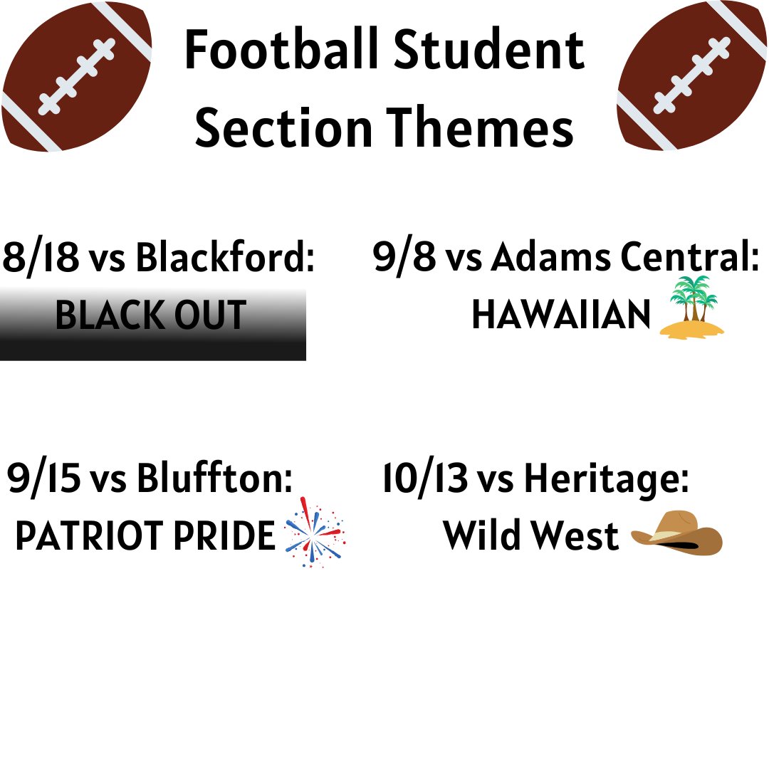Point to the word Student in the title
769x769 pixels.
pos(491,51)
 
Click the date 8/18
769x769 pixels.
pos(41,257)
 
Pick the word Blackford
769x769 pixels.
pos(225,257)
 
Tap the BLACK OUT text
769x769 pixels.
pos(151,315)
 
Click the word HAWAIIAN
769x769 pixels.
pos(561,315)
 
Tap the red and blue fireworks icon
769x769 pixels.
pos(314,533)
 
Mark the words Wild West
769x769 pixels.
pos(530,536)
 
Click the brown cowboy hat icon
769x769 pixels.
pos(677,533)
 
